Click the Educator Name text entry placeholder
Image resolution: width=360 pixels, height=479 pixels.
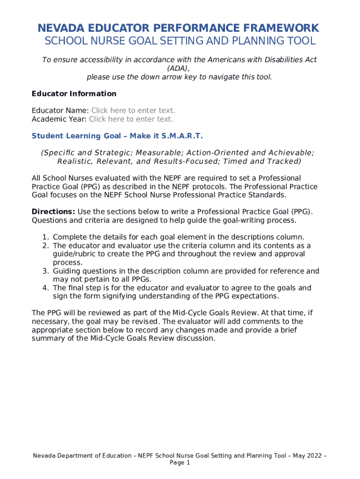(133, 110)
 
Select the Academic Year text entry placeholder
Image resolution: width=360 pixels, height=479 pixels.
(131, 119)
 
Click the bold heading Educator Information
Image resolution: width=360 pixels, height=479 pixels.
(74, 94)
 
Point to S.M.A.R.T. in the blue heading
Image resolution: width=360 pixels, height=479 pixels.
(182, 136)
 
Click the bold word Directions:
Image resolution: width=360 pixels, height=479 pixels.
(53, 211)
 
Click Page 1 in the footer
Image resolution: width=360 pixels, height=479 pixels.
(180, 463)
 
